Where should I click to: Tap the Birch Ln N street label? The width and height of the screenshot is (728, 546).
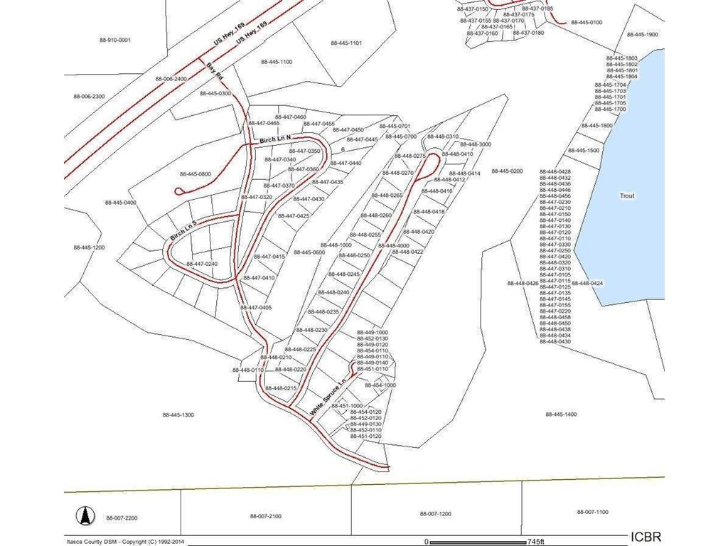pyautogui.click(x=276, y=139)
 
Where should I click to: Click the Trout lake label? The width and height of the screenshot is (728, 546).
pyautogui.click(x=626, y=196)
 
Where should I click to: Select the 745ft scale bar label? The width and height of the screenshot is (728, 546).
pyautogui.click(x=530, y=540)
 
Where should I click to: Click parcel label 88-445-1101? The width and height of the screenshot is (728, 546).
pyautogui.click(x=346, y=43)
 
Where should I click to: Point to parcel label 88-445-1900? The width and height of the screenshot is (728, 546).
pyautogui.click(x=642, y=34)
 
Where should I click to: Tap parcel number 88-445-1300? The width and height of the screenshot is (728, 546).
pyautogui.click(x=178, y=414)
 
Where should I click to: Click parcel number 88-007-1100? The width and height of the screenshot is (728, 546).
pyautogui.click(x=592, y=512)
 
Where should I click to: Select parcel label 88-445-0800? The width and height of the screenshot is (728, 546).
pyautogui.click(x=196, y=174)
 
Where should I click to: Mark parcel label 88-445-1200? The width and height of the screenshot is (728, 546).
pyautogui.click(x=89, y=247)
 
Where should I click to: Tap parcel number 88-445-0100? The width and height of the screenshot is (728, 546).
pyautogui.click(x=586, y=23)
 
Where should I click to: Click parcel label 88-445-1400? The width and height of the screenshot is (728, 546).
pyautogui.click(x=561, y=414)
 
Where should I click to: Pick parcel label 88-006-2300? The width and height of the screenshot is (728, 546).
pyautogui.click(x=89, y=96)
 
